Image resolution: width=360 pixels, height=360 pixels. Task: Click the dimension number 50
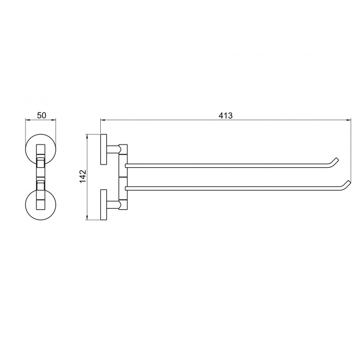click(42, 115)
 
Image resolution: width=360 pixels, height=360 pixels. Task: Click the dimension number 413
click(225, 116)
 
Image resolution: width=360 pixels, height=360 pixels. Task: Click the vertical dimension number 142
click(83, 176)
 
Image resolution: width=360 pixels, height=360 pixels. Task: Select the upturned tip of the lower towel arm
click(347, 183)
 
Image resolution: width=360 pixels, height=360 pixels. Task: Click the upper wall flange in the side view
click(104, 149)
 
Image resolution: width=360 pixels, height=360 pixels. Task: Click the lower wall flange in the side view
click(104, 204)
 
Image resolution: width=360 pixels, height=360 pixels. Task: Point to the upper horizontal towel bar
click(227, 166)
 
